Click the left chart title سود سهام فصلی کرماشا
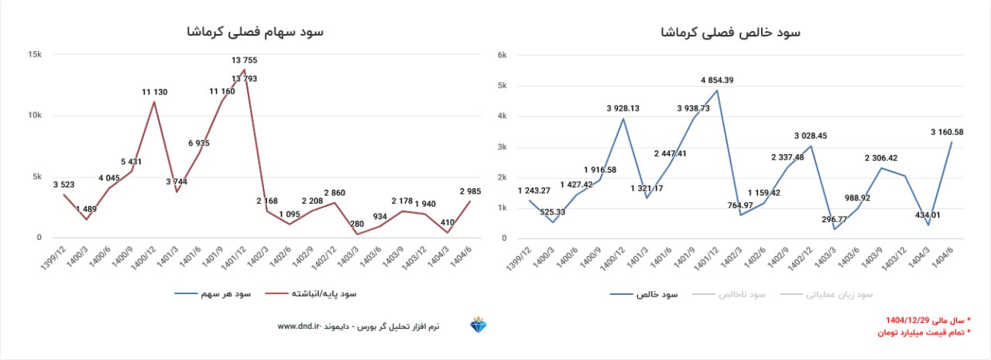tap(255, 32)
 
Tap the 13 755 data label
tap(245, 60)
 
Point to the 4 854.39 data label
tap(717, 80)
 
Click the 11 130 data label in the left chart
tap(154, 92)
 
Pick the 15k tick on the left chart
tap(34, 54)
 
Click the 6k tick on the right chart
tap(502, 55)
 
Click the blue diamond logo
tap(478, 326)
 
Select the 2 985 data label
tap(471, 191)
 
